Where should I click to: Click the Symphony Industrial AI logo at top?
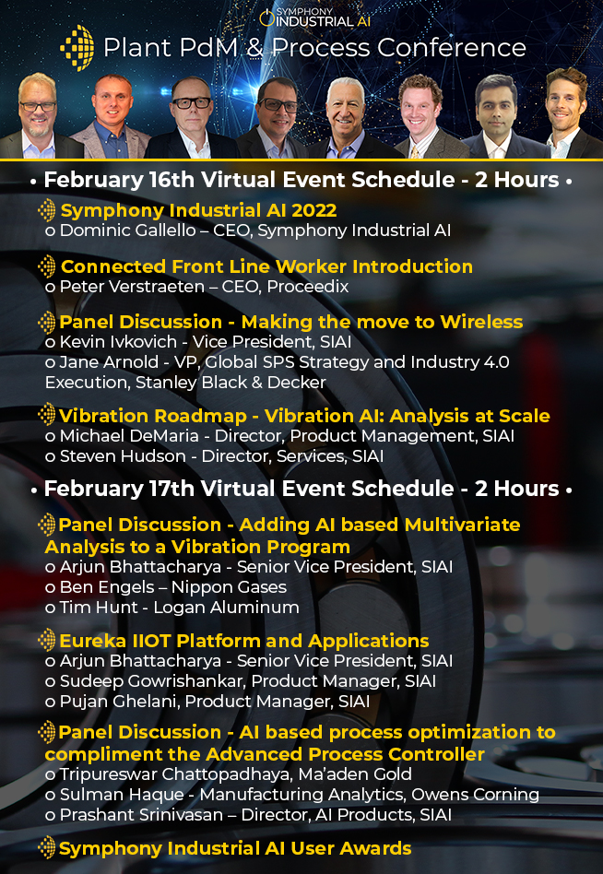[x=314, y=17]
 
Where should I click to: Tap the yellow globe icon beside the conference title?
[x=77, y=48]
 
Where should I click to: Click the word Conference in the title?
[x=452, y=48]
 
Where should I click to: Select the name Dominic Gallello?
[x=127, y=230]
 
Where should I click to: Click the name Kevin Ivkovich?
[x=118, y=342]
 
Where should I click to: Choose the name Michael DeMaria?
[x=129, y=436]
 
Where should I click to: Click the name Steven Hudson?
[x=123, y=456]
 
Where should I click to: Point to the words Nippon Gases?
[x=229, y=587]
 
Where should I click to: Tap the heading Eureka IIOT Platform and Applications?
[x=244, y=641]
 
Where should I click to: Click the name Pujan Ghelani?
[x=119, y=702]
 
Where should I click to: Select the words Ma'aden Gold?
[x=355, y=774]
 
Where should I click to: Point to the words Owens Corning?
[x=476, y=795]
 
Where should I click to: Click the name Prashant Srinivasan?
[x=142, y=814]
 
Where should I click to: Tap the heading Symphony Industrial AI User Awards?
[x=235, y=849]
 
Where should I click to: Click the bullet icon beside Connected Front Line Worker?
[x=47, y=266]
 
